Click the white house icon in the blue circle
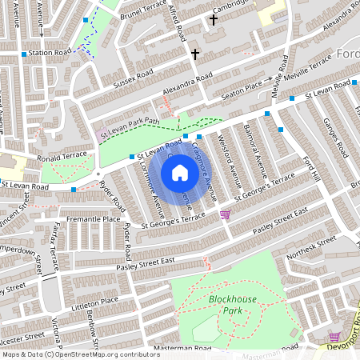[x=180, y=172]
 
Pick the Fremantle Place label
[x=94, y=218]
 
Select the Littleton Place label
[x=95, y=302]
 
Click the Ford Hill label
[x=311, y=168]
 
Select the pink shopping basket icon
[x=226, y=214]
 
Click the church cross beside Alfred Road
[x=195, y=54]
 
